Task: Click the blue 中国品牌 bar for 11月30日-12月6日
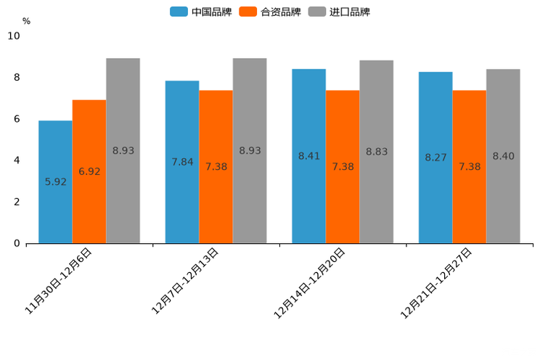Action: pos(55,181)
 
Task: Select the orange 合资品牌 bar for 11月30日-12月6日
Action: pos(89,171)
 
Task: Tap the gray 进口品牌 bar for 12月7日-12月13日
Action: pos(250,150)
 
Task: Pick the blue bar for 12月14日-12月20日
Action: pos(308,155)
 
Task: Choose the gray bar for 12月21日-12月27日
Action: pos(503,156)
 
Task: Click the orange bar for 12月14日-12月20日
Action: pos(343,166)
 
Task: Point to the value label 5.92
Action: pos(55,182)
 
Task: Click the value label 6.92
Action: pos(89,172)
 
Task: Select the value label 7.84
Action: pos(182,162)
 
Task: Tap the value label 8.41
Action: pos(308,156)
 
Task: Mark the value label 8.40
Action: pos(503,156)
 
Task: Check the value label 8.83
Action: pos(377,152)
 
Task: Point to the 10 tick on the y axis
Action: pos(14,36)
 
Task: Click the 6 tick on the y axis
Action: pos(17,119)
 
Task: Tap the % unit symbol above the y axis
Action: pos(26,21)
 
